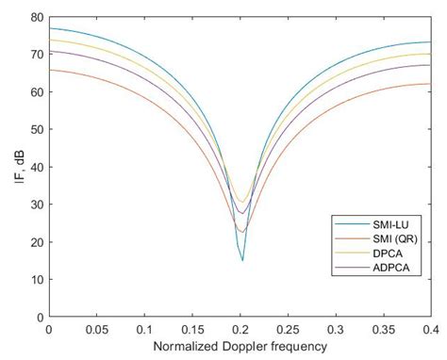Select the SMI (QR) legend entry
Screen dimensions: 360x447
click(384, 237)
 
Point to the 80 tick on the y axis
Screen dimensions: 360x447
click(35, 17)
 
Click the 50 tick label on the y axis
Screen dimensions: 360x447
click(35, 129)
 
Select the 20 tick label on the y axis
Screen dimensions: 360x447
click(35, 242)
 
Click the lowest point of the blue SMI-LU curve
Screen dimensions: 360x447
click(242, 260)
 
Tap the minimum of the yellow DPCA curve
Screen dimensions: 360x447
click(242, 202)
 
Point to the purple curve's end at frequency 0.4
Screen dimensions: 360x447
click(431, 65)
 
